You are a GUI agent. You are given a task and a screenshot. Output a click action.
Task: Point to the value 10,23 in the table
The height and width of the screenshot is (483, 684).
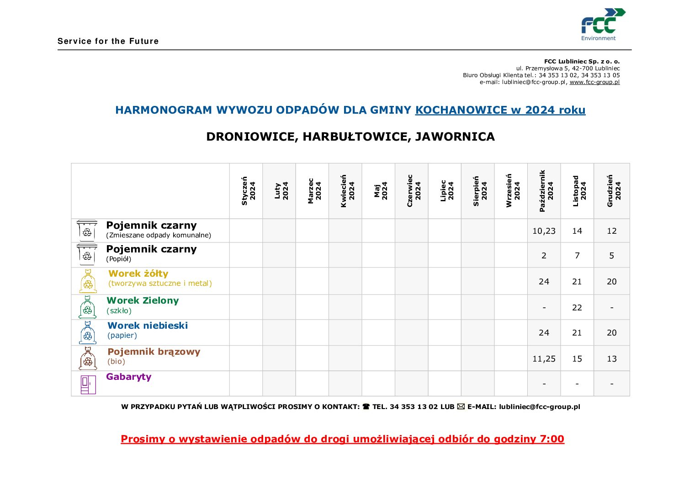click(544, 231)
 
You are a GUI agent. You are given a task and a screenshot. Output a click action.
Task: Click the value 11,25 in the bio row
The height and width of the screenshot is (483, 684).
click(544, 359)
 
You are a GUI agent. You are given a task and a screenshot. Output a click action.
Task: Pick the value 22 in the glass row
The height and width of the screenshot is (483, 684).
click(577, 308)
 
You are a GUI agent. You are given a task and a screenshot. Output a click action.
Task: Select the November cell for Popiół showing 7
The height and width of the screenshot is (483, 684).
click(577, 256)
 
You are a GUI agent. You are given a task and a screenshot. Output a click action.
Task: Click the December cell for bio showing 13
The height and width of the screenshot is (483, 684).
click(612, 359)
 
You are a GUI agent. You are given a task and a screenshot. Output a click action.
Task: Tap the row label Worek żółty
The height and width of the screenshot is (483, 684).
click(138, 273)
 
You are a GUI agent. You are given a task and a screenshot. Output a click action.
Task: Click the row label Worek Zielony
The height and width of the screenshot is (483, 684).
click(143, 300)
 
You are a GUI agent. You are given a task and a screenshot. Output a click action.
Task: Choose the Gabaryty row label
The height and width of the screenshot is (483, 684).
click(129, 377)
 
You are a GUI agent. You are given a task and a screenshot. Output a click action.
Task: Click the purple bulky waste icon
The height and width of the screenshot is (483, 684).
click(88, 384)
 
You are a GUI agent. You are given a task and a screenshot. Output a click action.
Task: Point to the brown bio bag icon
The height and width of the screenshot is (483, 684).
click(88, 358)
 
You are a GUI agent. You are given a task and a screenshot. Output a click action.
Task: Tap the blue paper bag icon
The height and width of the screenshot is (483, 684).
click(88, 332)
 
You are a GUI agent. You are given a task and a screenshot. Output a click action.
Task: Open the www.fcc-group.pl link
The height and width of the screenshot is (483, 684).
click(594, 82)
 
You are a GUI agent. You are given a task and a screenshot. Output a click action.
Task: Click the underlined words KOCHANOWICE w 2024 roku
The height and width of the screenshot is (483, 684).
click(500, 110)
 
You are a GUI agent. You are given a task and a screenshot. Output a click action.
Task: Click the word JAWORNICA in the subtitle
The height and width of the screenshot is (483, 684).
click(455, 136)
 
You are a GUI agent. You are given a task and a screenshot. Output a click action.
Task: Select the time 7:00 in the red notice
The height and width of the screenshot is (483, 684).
click(552, 439)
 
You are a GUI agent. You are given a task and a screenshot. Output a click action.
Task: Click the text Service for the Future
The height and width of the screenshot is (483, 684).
click(108, 41)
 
